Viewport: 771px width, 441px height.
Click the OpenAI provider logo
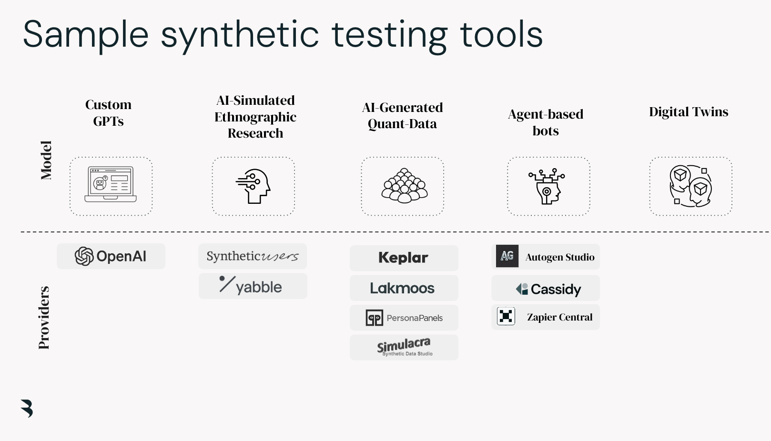(x=111, y=256)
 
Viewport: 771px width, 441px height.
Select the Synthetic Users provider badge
(x=253, y=256)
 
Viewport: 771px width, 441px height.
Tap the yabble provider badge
(x=253, y=286)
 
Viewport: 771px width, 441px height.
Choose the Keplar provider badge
(x=404, y=258)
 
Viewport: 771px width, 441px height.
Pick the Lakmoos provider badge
(x=404, y=288)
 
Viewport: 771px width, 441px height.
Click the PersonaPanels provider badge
(x=404, y=318)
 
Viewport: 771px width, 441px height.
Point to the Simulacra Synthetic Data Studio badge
(x=404, y=347)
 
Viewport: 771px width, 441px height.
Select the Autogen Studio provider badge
(x=546, y=257)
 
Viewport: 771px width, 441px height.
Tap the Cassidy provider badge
(x=546, y=289)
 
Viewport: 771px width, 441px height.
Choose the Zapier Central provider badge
(x=546, y=317)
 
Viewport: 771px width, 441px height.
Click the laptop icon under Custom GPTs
(x=111, y=185)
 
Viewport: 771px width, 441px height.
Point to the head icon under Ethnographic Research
(x=254, y=186)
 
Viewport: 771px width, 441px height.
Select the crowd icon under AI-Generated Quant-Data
(x=404, y=186)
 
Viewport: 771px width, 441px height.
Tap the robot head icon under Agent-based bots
(x=548, y=186)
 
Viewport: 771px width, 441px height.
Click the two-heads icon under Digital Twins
(x=690, y=186)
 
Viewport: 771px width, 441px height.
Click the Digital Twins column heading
(x=689, y=112)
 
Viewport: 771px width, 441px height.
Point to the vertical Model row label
(x=46, y=160)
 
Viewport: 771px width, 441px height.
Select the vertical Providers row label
(x=44, y=318)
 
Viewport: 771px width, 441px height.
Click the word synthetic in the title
(x=239, y=35)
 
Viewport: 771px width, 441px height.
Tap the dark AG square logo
(x=507, y=256)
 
